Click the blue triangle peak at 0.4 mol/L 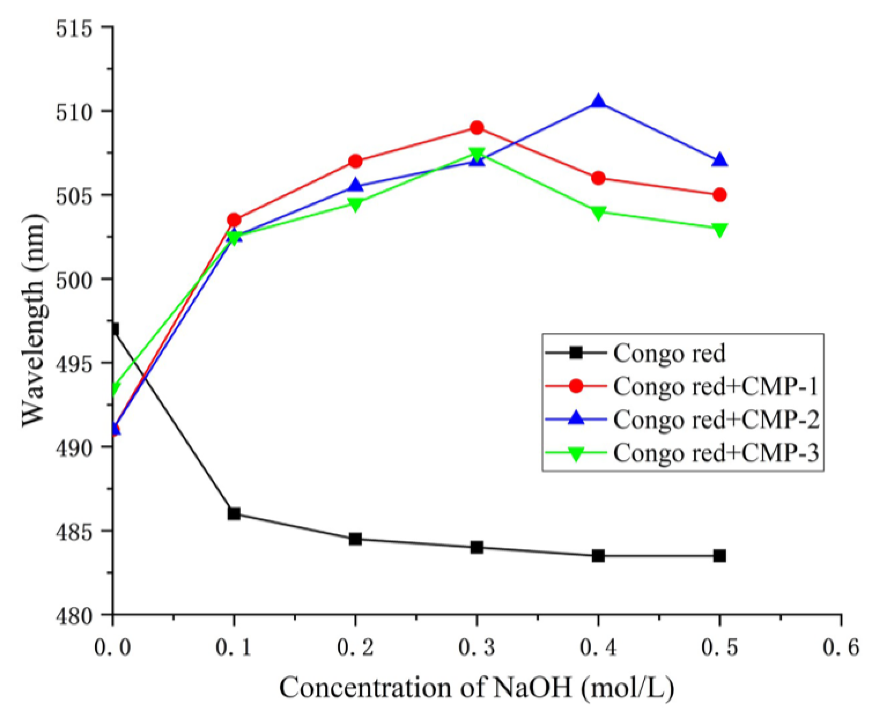pyautogui.click(x=598, y=101)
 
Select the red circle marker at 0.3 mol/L pyautogui.click(x=476, y=127)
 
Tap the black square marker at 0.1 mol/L pyautogui.click(x=234, y=514)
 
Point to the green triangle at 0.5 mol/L pyautogui.click(x=720, y=230)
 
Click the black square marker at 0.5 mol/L pyautogui.click(x=720, y=556)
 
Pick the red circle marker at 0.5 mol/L pyautogui.click(x=720, y=195)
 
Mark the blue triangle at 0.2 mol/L pyautogui.click(x=355, y=186)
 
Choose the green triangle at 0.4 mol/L pyautogui.click(x=598, y=213)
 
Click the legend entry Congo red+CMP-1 pyautogui.click(x=715, y=386)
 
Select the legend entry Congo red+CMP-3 pyautogui.click(x=715, y=453)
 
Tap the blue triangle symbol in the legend pyautogui.click(x=576, y=419)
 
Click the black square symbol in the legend pyautogui.click(x=576, y=353)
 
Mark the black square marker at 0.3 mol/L pyautogui.click(x=476, y=548)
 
